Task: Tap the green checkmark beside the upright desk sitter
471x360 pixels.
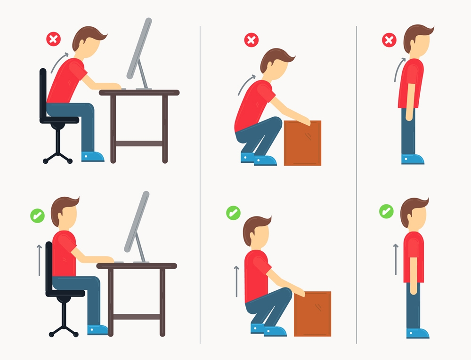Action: click(x=37, y=216)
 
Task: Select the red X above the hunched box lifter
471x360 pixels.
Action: click(x=251, y=40)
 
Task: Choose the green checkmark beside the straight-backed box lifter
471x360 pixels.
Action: click(x=233, y=213)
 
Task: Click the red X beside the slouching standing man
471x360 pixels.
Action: click(x=389, y=40)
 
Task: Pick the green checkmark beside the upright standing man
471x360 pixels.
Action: click(x=386, y=210)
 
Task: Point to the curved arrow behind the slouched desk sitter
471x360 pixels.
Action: click(x=59, y=63)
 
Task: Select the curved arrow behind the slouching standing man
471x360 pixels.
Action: click(x=398, y=71)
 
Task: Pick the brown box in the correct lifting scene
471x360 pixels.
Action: click(x=312, y=313)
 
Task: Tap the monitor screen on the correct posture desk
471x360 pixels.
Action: click(x=137, y=221)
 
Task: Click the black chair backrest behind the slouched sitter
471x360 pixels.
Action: click(x=43, y=92)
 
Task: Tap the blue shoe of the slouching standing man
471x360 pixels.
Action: click(x=413, y=159)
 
